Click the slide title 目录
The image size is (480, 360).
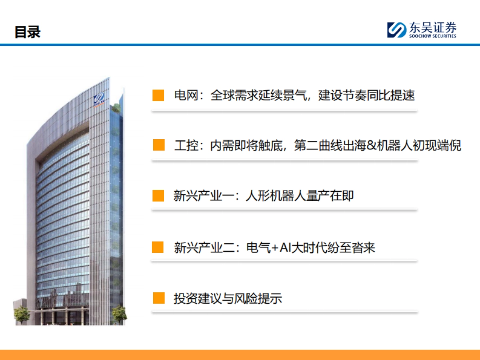pos(28,32)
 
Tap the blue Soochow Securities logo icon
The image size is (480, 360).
pos(396,30)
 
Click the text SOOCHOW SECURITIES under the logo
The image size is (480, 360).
pos(432,36)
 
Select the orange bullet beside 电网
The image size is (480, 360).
pos(158,95)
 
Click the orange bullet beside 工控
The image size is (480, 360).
pos(159,145)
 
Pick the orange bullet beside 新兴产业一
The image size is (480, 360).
pos(158,196)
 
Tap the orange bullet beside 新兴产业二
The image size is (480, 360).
pos(158,247)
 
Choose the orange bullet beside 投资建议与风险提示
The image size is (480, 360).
pos(159,298)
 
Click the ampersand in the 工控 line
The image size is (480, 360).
pos(372,145)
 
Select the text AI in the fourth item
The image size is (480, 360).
pos(284,248)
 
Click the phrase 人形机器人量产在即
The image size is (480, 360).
pos(300,196)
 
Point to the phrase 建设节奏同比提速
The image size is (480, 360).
pos(366,95)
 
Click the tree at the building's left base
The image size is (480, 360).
pos(22,314)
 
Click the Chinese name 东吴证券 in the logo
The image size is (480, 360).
pos(432,28)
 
